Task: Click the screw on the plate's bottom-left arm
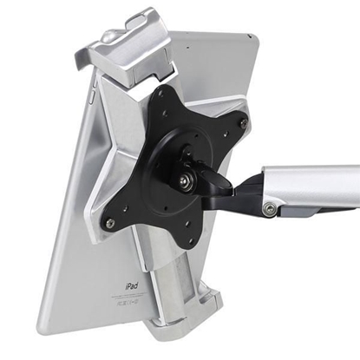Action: tap(108, 223)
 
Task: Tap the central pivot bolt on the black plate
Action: tap(187, 180)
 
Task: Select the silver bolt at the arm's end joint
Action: tap(272, 208)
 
